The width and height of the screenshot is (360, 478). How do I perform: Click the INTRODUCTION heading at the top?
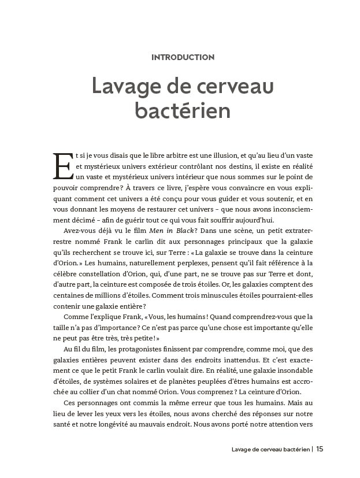[183, 57]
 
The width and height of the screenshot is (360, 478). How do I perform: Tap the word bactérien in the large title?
[183, 110]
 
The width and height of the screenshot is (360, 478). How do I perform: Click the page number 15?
[321, 449]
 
